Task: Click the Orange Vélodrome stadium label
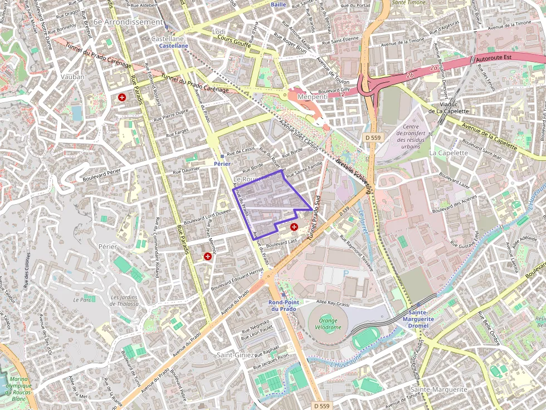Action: [329, 324]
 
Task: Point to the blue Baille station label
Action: [278, 4]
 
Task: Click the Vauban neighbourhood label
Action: [74, 77]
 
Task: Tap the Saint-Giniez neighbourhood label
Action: [235, 354]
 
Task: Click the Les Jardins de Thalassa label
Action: [124, 300]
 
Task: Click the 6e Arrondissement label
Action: [128, 22]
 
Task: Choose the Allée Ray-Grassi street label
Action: [333, 304]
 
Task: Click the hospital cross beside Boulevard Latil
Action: [294, 227]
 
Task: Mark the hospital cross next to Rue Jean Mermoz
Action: [208, 256]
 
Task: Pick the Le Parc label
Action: [81, 299]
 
